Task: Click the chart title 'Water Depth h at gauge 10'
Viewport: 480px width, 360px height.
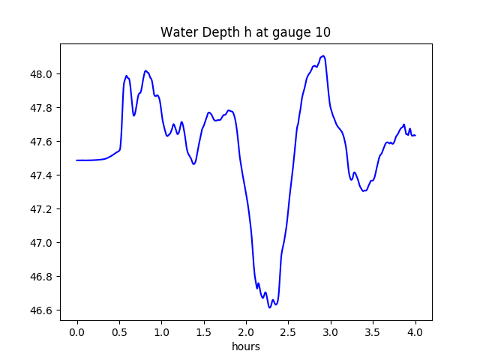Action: tap(245, 32)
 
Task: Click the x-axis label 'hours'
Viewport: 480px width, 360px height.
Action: tap(245, 347)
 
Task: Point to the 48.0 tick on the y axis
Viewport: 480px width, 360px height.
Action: tap(42, 74)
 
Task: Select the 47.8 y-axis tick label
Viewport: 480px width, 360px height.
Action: tap(42, 108)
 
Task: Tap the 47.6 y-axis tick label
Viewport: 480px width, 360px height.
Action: tap(42, 142)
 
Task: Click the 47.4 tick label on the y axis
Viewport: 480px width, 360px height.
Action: tap(42, 175)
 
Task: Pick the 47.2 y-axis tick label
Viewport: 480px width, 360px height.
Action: tap(42, 209)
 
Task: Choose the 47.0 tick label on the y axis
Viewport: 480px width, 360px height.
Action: tap(42, 243)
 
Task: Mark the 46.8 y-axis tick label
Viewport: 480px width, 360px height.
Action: tap(42, 277)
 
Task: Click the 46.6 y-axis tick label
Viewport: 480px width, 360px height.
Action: tap(42, 310)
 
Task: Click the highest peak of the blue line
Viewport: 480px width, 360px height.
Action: tap(323, 55)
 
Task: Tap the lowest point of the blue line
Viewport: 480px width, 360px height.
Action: tap(270, 307)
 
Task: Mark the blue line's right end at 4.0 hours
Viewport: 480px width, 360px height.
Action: tap(415, 135)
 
